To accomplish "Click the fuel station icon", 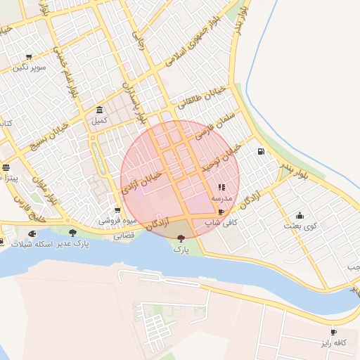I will click(x=262, y=151).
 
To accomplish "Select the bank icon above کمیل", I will click(x=99, y=110).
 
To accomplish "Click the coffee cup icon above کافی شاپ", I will click(x=221, y=212).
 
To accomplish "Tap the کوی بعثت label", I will click(x=301, y=226).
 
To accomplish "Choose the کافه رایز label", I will click(x=333, y=342).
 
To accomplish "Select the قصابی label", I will click(x=124, y=236).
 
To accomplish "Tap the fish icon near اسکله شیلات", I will click(x=32, y=233).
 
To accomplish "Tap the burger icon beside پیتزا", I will click(x=6, y=167).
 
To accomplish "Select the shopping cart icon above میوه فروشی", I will click(x=117, y=210).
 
